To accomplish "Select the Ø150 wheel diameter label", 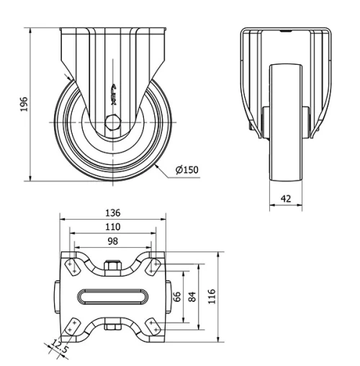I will tap(186, 170).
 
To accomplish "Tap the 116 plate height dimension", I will tap(212, 296).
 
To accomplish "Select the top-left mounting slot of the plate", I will tap(72, 266).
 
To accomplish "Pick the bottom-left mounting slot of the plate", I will tap(72, 327).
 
